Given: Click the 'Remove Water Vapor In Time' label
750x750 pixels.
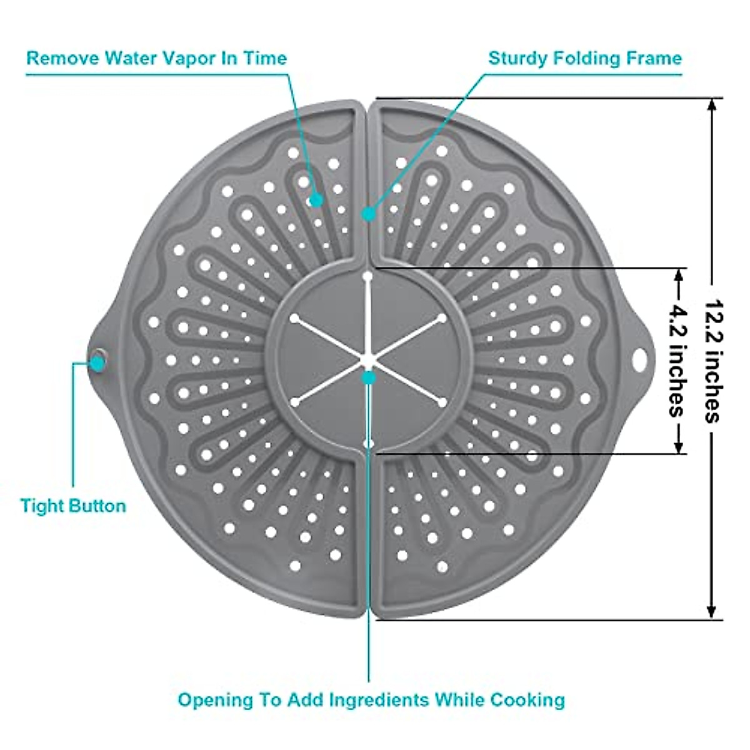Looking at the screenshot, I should (156, 58).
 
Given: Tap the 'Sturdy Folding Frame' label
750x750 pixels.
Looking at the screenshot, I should (584, 58).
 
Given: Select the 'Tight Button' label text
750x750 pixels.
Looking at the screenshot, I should (73, 505).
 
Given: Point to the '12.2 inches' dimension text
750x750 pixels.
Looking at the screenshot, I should (712, 361).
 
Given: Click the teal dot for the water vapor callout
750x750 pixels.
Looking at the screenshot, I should (316, 200).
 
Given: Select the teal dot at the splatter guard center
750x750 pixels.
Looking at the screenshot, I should (369, 377).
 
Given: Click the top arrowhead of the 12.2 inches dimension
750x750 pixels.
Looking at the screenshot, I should (711, 105).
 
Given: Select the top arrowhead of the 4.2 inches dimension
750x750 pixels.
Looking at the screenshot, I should (677, 275).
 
